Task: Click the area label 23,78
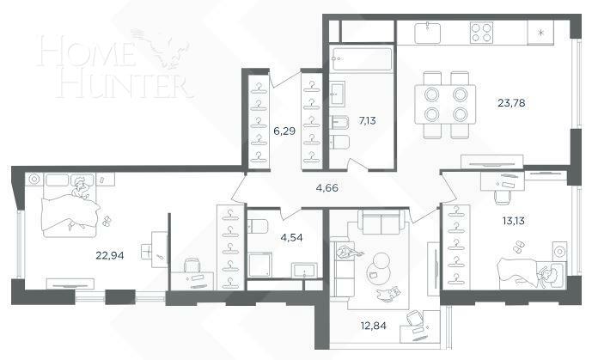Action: (513, 105)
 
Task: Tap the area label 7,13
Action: (367, 120)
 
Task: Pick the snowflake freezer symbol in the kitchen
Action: (540, 33)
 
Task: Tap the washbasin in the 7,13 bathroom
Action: (339, 89)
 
